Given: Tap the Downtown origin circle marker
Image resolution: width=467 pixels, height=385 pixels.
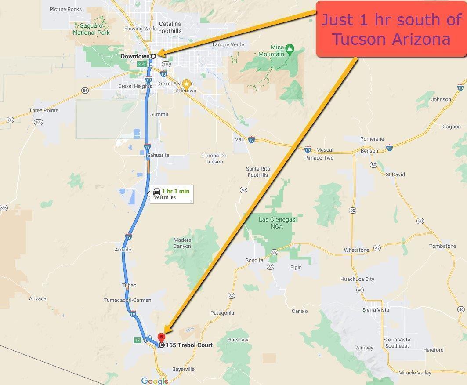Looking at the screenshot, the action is point(153,56).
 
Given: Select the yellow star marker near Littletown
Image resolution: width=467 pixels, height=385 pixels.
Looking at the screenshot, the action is point(187,84).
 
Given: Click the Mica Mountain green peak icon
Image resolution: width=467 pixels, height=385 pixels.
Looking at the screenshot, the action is point(290,47).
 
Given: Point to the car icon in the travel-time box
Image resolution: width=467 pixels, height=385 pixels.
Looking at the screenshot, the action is point(157,191).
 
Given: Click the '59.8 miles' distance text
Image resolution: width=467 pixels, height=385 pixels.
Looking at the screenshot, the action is point(164,198).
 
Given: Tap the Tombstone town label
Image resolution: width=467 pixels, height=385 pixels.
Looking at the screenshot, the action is point(442,246).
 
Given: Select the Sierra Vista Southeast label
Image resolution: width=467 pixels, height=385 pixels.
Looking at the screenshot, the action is point(397,343).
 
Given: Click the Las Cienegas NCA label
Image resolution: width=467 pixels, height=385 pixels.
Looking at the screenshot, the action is point(277,222).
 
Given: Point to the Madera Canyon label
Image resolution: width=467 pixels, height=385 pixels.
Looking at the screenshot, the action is point(182,243).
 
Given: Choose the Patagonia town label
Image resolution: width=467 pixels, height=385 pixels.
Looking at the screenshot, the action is point(222,313).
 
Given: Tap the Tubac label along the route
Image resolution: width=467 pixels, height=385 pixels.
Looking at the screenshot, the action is point(129,285).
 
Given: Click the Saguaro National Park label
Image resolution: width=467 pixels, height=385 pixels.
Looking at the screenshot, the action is point(91,29).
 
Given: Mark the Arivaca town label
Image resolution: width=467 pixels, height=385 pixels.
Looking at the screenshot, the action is point(38,298).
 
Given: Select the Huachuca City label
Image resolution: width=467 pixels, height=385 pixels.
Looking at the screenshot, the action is point(357,279).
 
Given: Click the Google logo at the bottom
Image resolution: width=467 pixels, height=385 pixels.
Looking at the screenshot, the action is point(155,381).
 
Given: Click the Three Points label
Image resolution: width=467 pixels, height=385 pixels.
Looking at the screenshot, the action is point(43,110).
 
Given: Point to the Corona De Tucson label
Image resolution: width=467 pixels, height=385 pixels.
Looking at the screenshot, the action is point(214,159).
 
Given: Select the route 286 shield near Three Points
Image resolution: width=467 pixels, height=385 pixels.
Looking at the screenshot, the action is point(38,123).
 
